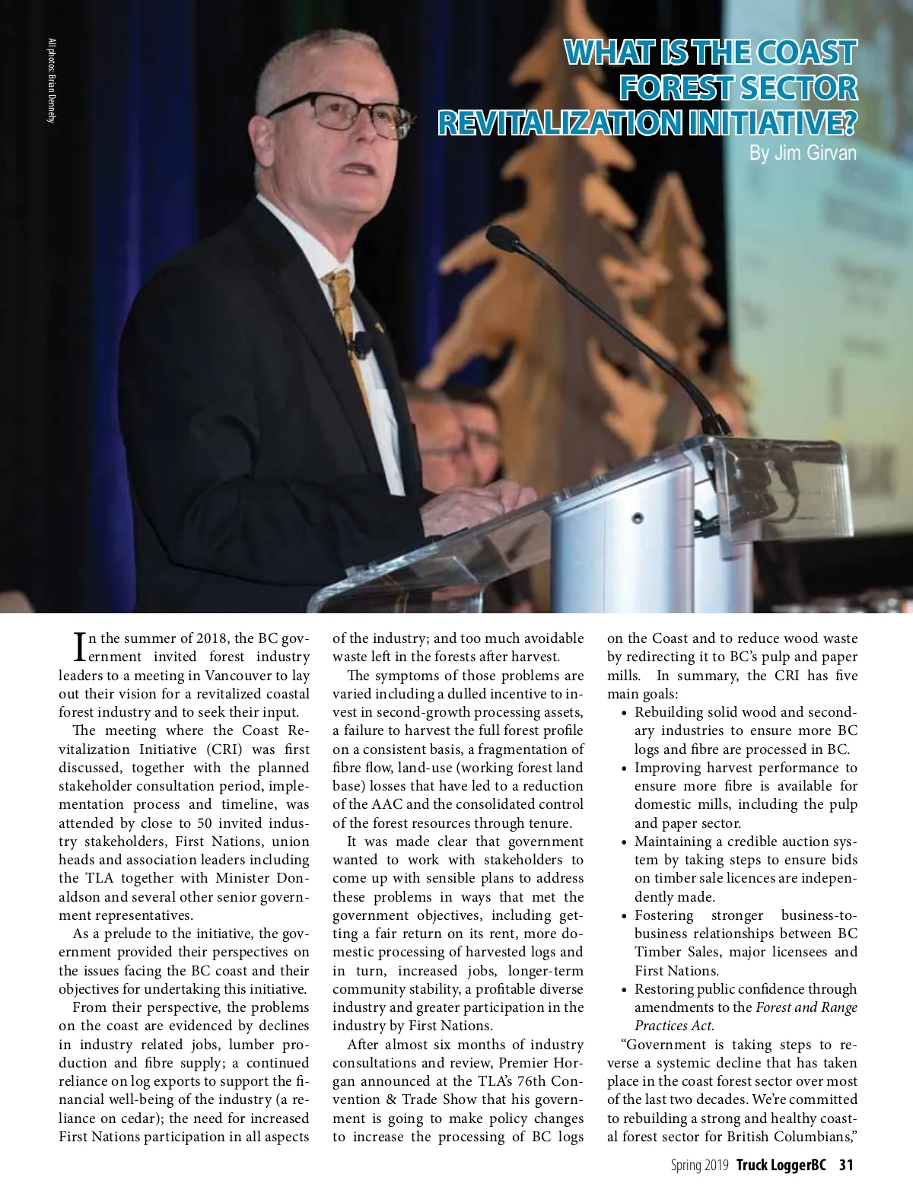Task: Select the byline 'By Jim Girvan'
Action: [803, 153]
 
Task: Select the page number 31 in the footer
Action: [846, 1165]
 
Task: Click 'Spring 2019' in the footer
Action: [699, 1165]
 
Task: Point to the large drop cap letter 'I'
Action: [79, 647]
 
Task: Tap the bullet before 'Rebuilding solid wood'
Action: [625, 713]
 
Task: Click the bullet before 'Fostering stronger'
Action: [625, 916]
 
